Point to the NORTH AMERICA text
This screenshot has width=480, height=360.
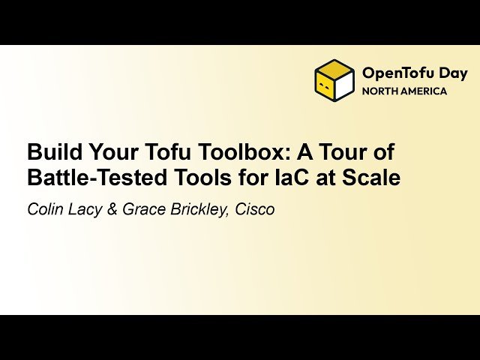(404, 91)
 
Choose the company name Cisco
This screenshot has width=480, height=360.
(256, 210)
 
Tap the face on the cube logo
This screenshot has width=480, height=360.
(325, 86)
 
